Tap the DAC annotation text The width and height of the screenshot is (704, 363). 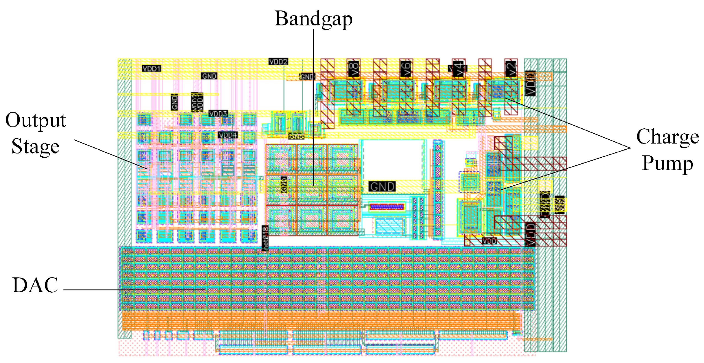pyautogui.click(x=35, y=285)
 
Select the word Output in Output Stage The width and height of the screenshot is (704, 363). pyautogui.click(x=36, y=120)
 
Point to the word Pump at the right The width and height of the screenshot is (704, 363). pyautogui.click(x=667, y=163)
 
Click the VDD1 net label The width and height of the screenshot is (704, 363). pyautogui.click(x=151, y=68)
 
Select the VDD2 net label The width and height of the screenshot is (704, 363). pyautogui.click(x=278, y=61)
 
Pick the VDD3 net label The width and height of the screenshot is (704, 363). pyautogui.click(x=218, y=113)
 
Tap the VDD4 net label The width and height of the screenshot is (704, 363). pyautogui.click(x=228, y=135)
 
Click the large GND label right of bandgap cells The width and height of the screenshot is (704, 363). pyautogui.click(x=382, y=187)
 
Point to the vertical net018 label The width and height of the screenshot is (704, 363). pyautogui.click(x=265, y=238)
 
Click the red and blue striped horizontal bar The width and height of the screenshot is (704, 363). pyautogui.click(x=387, y=206)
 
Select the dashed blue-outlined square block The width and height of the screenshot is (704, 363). pyautogui.click(x=469, y=182)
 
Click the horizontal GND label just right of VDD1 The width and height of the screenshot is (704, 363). pyautogui.click(x=209, y=76)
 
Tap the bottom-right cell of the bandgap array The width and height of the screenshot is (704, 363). pyautogui.click(x=343, y=220)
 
